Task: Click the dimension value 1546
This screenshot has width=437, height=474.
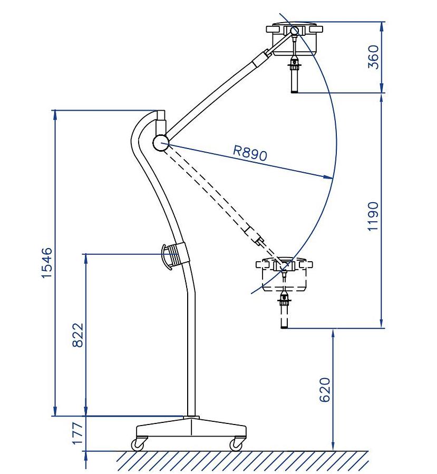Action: click(x=47, y=262)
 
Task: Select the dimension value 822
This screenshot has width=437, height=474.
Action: click(x=77, y=334)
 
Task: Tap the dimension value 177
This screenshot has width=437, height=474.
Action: click(x=77, y=433)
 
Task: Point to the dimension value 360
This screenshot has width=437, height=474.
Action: click(x=373, y=57)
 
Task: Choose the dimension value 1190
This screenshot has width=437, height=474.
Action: click(x=373, y=216)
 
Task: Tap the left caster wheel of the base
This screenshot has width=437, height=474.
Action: click(x=138, y=445)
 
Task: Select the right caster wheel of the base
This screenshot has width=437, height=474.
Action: click(x=235, y=445)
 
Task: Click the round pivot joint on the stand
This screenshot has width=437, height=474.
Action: click(x=160, y=142)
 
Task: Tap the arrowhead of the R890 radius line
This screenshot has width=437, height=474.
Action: click(x=329, y=178)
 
